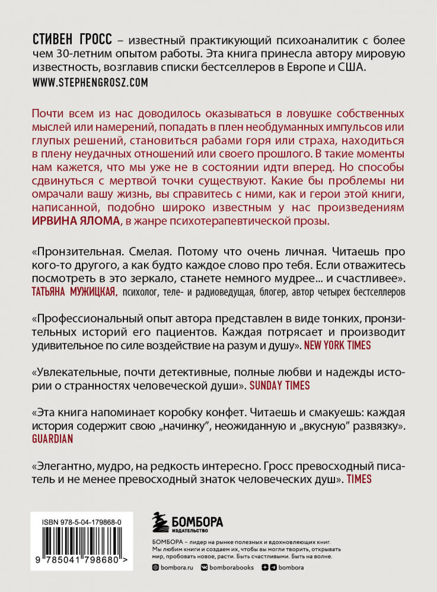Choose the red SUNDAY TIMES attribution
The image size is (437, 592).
point(279,385)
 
